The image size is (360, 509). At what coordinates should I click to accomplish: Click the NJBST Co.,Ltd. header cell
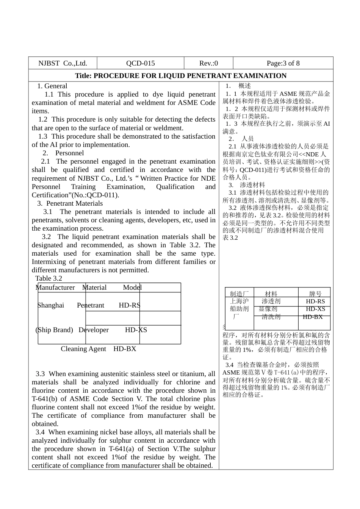point(63,63)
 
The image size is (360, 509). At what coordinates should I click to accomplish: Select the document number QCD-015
point(140,63)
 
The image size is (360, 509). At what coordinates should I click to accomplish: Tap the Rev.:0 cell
point(208,63)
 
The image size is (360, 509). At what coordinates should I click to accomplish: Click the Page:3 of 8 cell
point(283,63)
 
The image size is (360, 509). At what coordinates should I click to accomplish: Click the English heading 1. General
point(52,86)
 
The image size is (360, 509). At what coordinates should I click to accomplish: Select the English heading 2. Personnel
point(63,153)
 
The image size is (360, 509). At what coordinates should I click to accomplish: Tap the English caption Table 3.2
point(49,278)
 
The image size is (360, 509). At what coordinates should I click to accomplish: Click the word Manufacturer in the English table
point(55,287)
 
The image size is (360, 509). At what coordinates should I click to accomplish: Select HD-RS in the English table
point(129,305)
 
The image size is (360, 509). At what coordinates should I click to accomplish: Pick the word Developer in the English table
point(94,330)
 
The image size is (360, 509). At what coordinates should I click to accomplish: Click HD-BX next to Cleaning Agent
point(125,349)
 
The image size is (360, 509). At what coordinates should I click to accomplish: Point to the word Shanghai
point(51,305)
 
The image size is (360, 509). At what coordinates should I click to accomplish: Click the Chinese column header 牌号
point(315,294)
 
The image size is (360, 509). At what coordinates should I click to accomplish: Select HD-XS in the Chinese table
point(315,309)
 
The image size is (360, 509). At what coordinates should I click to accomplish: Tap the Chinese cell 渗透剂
point(271,301)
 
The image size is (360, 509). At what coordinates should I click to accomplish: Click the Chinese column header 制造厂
point(239,294)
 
